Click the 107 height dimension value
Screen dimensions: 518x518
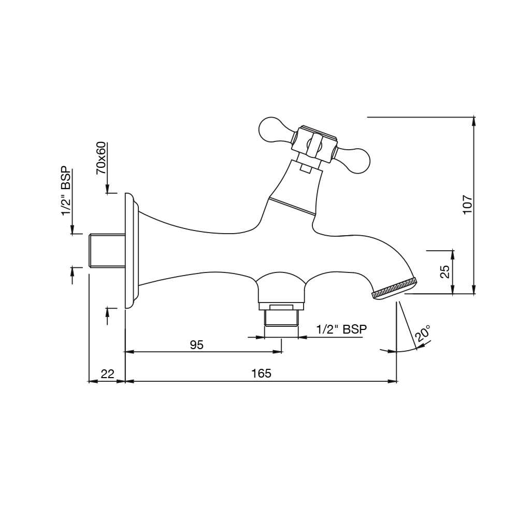(467, 205)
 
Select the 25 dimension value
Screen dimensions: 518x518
(445, 271)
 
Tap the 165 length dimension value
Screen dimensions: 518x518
(261, 373)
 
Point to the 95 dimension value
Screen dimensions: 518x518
(197, 345)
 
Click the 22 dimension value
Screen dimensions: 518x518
(107, 373)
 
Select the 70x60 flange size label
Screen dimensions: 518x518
(101, 158)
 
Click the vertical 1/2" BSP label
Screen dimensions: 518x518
(66, 191)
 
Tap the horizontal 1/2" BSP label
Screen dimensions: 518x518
(341, 329)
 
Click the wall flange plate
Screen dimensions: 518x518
(131, 251)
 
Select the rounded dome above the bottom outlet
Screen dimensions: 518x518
(281, 287)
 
